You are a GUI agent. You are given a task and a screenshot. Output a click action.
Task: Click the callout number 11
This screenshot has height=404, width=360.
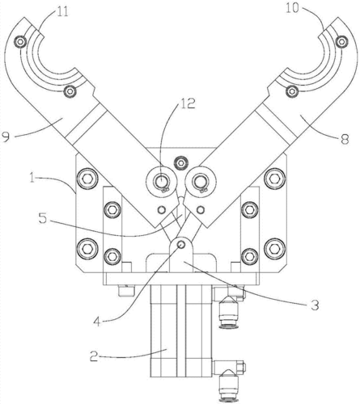(62, 12)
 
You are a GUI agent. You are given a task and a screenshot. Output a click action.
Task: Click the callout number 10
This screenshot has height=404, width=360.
(293, 8)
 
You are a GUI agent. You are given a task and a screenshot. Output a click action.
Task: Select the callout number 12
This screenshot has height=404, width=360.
(188, 103)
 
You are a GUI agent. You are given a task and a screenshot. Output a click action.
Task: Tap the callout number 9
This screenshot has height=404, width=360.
(6, 137)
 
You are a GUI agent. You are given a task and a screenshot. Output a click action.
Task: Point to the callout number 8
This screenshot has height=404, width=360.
(345, 140)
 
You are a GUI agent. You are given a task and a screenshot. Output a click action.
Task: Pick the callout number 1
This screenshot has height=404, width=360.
(32, 179)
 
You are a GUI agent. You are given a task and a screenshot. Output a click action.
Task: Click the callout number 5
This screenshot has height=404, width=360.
(43, 218)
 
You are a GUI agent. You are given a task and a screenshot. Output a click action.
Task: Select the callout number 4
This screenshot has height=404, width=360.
(97, 322)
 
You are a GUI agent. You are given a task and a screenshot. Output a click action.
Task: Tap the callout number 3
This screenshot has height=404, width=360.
(315, 305)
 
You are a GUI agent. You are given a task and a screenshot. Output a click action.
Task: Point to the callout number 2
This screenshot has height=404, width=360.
(93, 356)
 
